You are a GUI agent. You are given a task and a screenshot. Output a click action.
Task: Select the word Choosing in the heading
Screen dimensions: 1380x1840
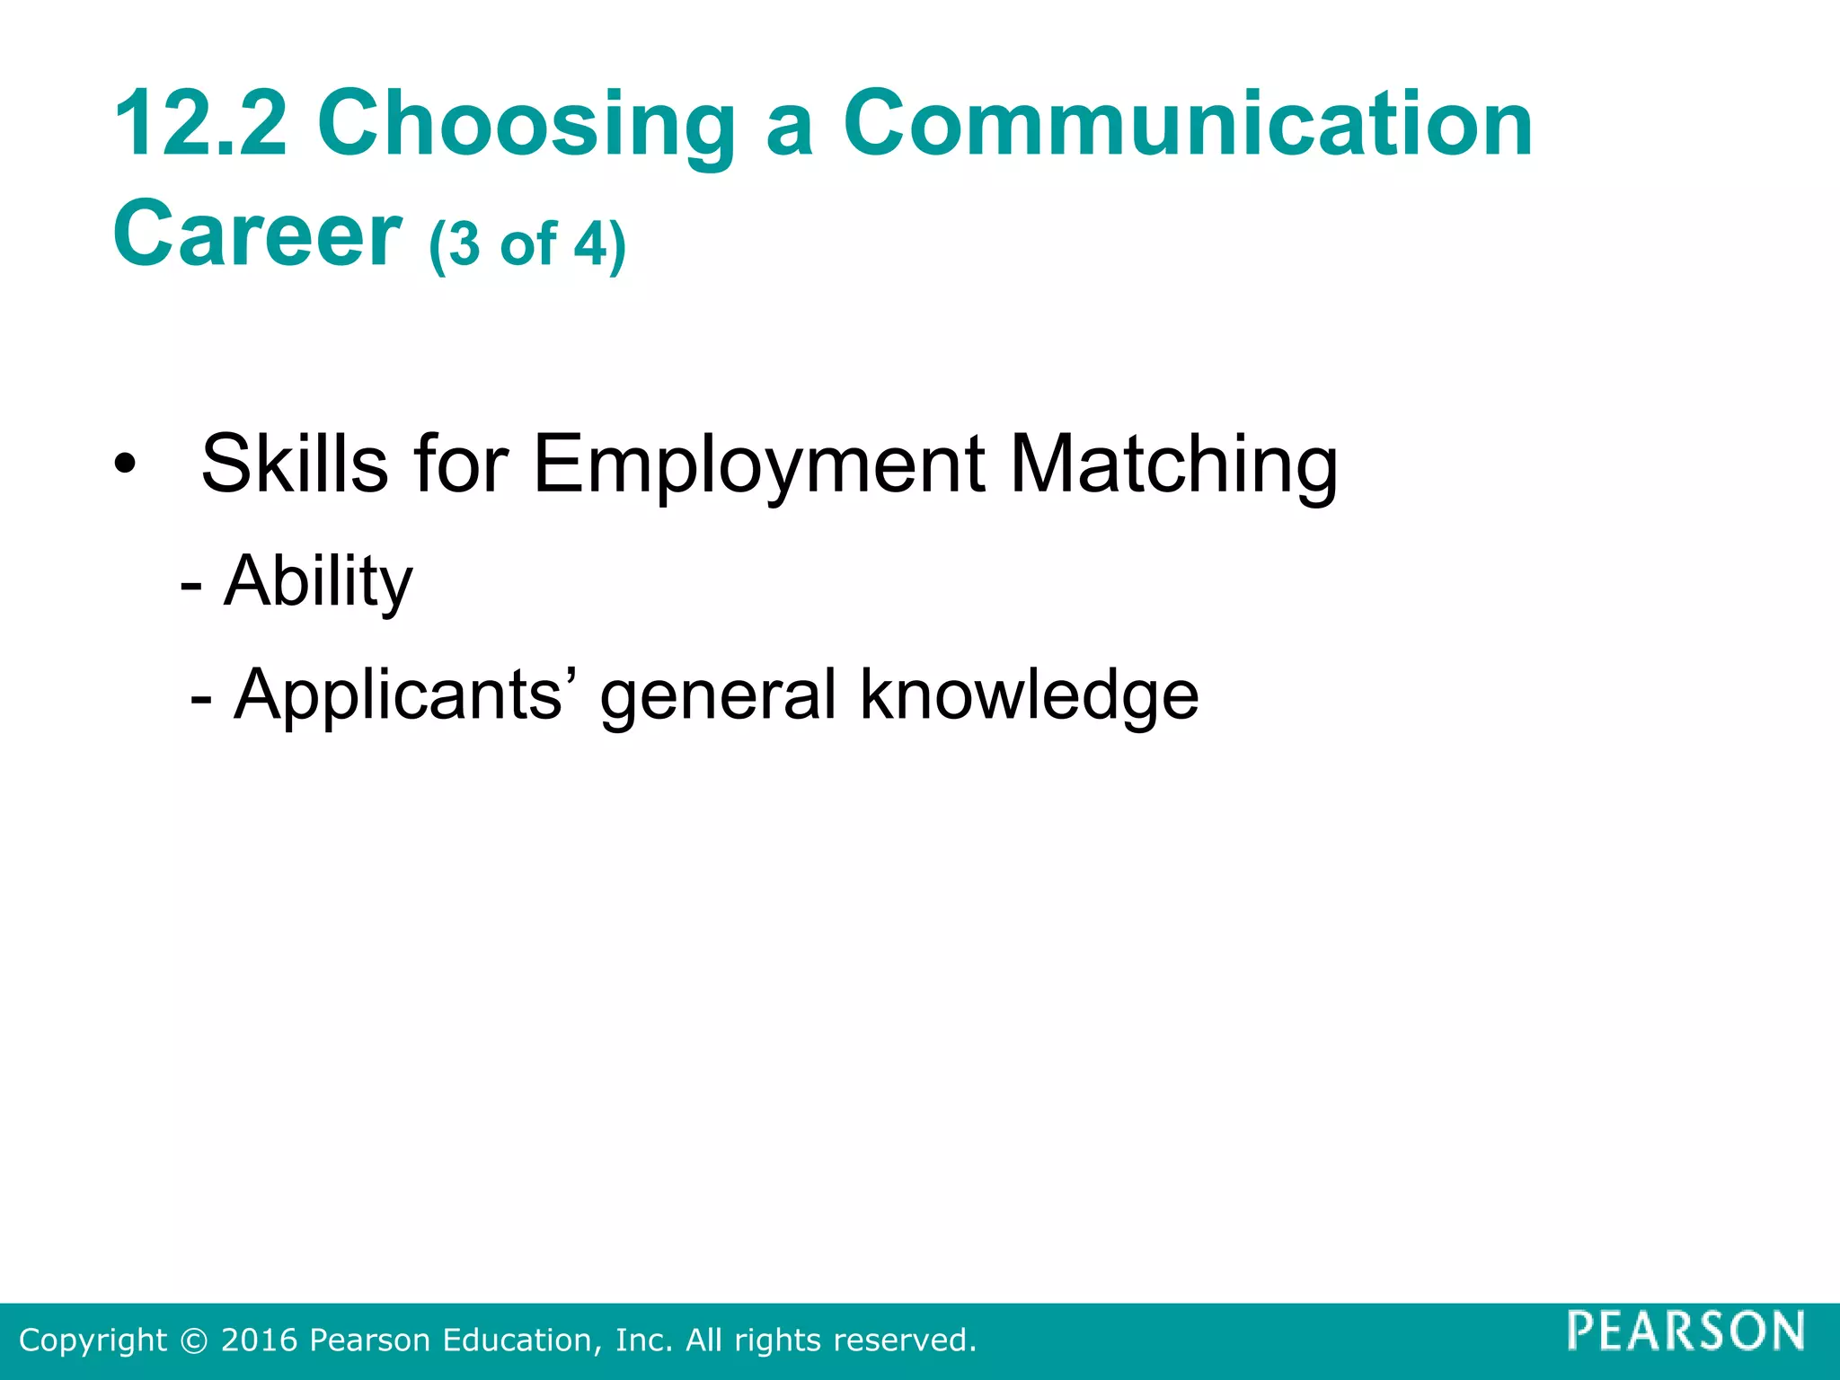click(x=526, y=125)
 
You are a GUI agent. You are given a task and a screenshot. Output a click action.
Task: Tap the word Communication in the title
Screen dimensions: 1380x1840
click(x=1188, y=123)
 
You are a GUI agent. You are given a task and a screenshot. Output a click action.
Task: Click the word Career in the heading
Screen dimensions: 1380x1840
click(x=257, y=234)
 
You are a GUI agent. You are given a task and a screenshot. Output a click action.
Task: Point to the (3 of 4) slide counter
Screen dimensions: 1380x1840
click(x=527, y=244)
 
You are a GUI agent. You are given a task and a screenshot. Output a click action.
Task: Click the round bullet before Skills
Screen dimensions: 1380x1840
click(x=125, y=465)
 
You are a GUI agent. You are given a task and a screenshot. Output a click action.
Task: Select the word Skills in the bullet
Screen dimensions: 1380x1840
click(x=295, y=464)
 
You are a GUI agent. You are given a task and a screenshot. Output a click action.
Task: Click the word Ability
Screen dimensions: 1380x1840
click(x=319, y=582)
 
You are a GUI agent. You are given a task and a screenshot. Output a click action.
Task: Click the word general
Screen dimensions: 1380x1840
click(x=718, y=695)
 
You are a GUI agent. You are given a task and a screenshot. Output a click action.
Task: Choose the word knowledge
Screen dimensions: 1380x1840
click(x=1030, y=694)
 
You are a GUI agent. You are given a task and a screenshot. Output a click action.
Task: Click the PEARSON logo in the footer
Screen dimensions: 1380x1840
click(x=1686, y=1331)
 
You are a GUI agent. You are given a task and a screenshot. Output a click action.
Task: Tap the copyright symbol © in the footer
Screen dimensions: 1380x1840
click(x=193, y=1340)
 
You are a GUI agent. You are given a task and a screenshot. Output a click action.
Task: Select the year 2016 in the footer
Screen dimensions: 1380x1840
click(x=260, y=1340)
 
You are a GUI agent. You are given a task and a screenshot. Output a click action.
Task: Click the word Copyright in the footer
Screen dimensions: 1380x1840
click(x=93, y=1340)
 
